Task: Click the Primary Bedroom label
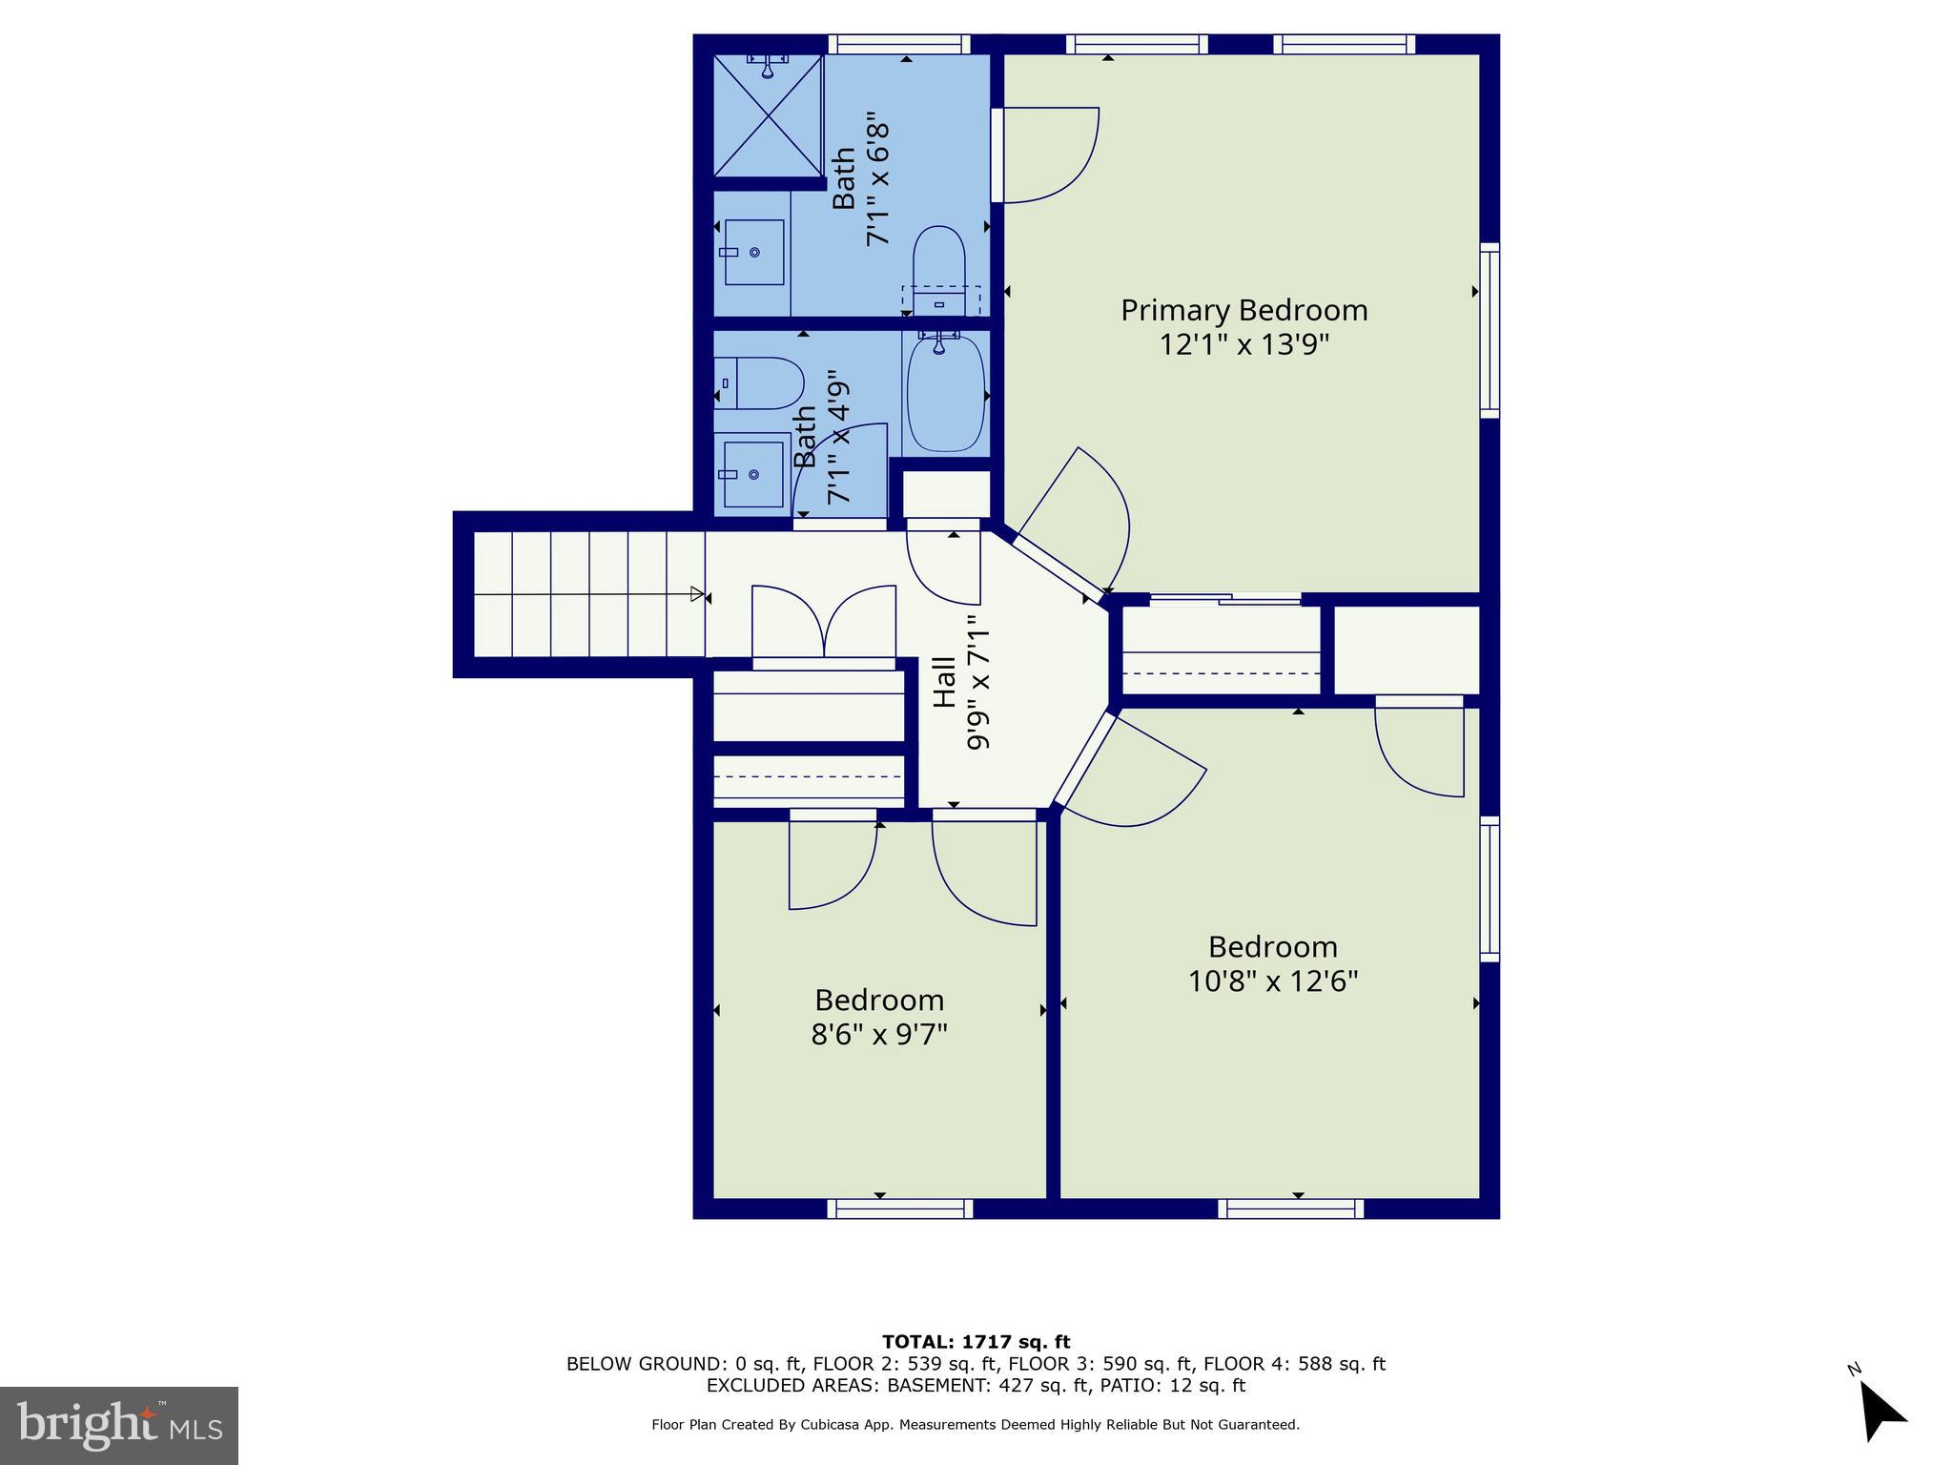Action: pyautogui.click(x=1244, y=310)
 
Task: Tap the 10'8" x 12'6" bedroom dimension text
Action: pyautogui.click(x=1272, y=980)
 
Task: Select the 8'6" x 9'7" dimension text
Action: pyautogui.click(x=878, y=1034)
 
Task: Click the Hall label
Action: pyautogui.click(x=944, y=681)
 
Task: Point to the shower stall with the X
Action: pyautogui.click(x=768, y=116)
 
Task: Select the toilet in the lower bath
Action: pyautogui.click(x=760, y=382)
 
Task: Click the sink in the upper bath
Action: pyautogui.click(x=753, y=252)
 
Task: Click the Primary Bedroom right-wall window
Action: pyautogui.click(x=1490, y=330)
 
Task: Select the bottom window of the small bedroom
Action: pyautogui.click(x=900, y=1208)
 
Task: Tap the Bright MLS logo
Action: pyautogui.click(x=118, y=1425)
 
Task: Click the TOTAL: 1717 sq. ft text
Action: pyautogui.click(x=976, y=1342)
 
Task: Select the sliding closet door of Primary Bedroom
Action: pyautogui.click(x=1225, y=600)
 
